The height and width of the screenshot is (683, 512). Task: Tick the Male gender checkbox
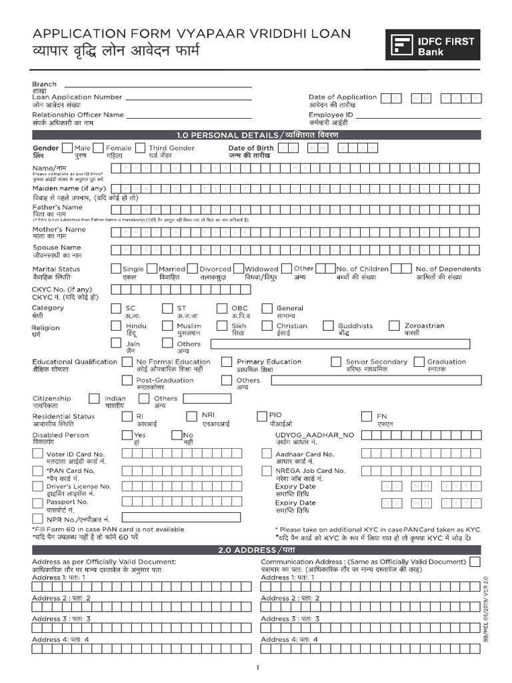(67, 148)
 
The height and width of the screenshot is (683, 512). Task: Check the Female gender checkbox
(98, 148)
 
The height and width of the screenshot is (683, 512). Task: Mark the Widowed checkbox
(238, 268)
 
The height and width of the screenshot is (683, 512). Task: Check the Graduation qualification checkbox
(419, 362)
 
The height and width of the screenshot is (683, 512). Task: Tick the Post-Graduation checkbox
(127, 380)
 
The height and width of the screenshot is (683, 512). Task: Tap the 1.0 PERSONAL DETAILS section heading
(257, 134)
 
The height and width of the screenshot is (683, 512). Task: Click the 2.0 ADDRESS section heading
(257, 550)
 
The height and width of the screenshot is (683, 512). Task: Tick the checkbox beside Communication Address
(474, 562)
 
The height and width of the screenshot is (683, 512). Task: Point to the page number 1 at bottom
(257, 668)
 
